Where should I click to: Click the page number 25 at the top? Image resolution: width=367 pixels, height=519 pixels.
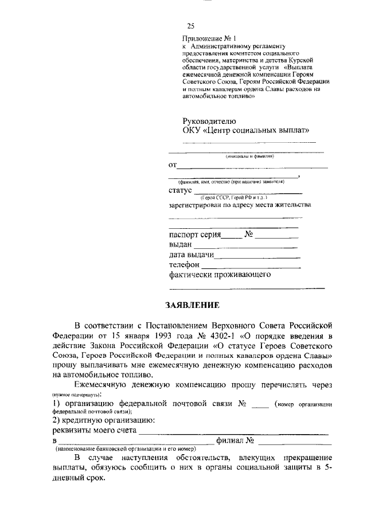[191, 26]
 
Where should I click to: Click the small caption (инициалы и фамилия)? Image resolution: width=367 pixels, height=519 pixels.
[249, 156]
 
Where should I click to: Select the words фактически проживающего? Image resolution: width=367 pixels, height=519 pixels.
[220, 275]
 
